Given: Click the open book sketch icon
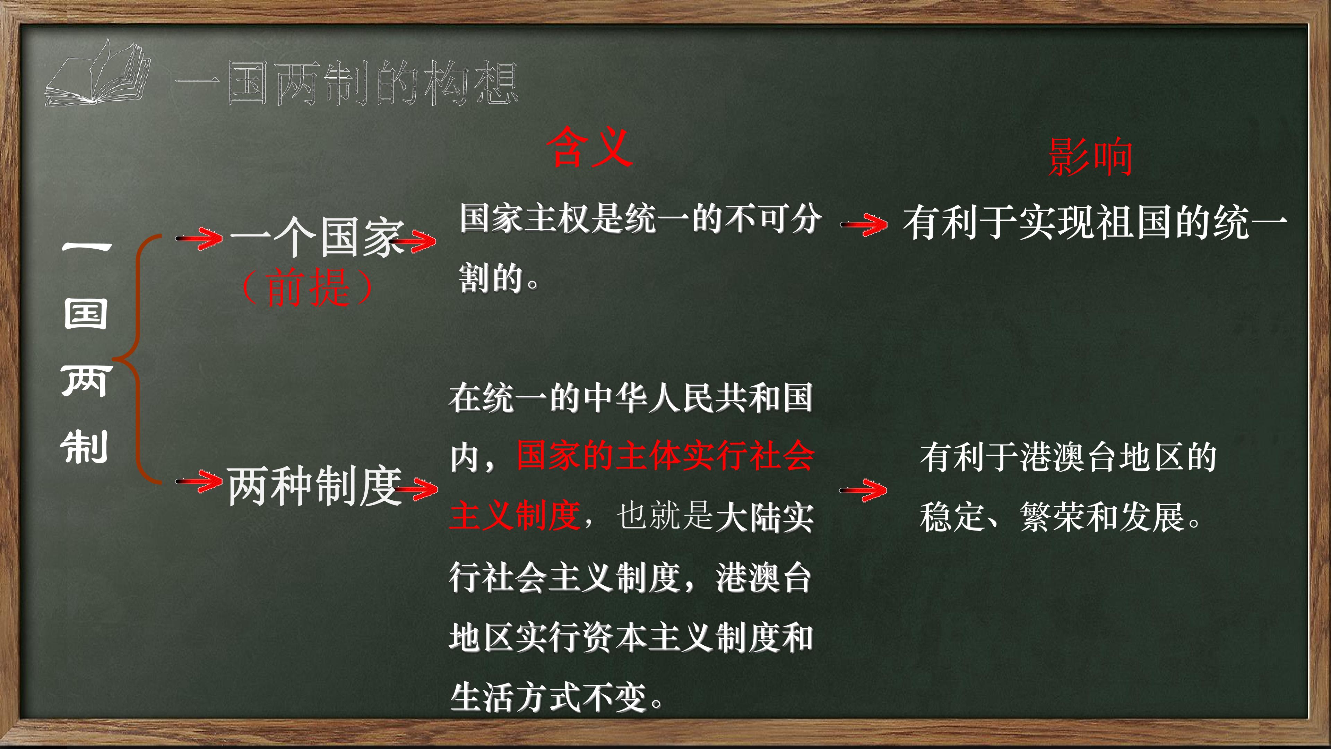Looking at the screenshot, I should click(x=97, y=74).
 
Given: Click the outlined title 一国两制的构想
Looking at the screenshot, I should click(x=346, y=83).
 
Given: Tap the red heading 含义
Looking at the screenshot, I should click(x=589, y=148).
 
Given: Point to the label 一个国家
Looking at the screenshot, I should click(x=316, y=237).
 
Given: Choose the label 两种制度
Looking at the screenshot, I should click(x=314, y=486).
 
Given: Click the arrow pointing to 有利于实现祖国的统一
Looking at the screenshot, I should click(x=864, y=225).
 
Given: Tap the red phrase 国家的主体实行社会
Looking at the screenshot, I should click(x=666, y=456).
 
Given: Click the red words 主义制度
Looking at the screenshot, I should click(x=515, y=516).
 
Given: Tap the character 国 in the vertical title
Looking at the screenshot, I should click(x=86, y=314).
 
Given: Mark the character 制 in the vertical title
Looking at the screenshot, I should click(x=84, y=446).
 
